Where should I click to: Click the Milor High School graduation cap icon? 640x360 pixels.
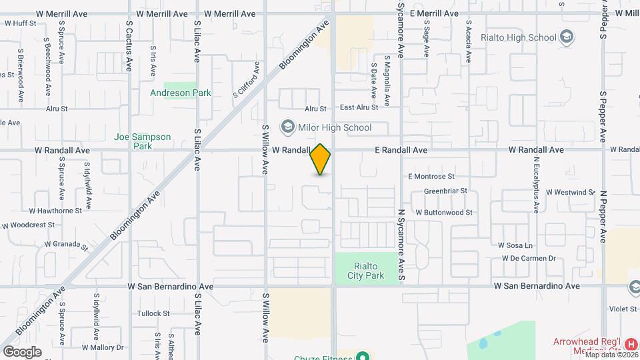click(x=287, y=127)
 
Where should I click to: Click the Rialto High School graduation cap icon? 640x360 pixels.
click(x=567, y=37)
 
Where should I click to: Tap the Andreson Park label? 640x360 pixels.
click(x=180, y=93)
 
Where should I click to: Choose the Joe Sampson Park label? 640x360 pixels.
click(x=142, y=141)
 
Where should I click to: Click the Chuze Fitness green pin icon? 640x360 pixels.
click(x=362, y=357)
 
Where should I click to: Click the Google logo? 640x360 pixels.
click(x=22, y=351)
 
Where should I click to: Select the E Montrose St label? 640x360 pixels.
click(x=431, y=177)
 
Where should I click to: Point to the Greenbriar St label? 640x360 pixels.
click(x=446, y=191)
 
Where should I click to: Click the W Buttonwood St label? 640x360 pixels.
click(x=443, y=213)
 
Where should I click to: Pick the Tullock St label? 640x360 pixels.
click(x=153, y=313)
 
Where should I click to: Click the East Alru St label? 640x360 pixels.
click(x=359, y=107)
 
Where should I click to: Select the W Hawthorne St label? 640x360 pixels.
click(x=55, y=210)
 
